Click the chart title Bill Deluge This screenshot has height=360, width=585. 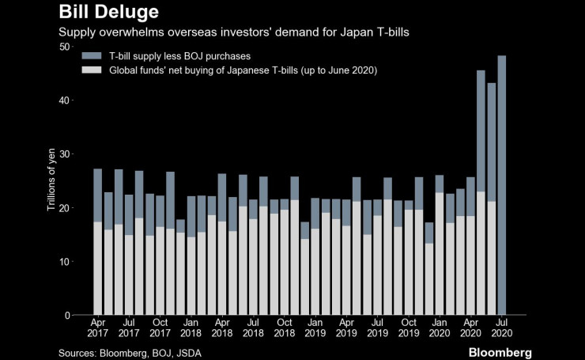coord(109,13)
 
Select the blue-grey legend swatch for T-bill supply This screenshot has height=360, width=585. coord(92,56)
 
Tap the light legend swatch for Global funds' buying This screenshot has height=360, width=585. coord(92,70)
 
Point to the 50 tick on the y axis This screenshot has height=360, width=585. coord(63,47)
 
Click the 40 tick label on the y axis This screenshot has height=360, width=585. coord(63,100)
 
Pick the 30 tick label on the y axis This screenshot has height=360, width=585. coord(63,154)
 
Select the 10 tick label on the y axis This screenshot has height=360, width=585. coord(63,262)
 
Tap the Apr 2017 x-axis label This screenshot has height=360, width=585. coord(98,328)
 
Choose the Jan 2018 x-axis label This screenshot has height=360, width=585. coord(191,328)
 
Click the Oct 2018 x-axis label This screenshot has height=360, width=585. coord(284,328)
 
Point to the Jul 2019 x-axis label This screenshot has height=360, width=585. coord(377,328)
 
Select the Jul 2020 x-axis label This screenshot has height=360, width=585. coord(501,328)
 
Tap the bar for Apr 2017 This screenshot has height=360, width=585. coord(98,242)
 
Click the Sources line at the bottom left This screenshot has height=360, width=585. coord(130,352)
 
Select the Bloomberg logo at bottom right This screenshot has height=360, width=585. coord(500,351)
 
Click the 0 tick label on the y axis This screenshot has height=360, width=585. coord(66,316)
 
